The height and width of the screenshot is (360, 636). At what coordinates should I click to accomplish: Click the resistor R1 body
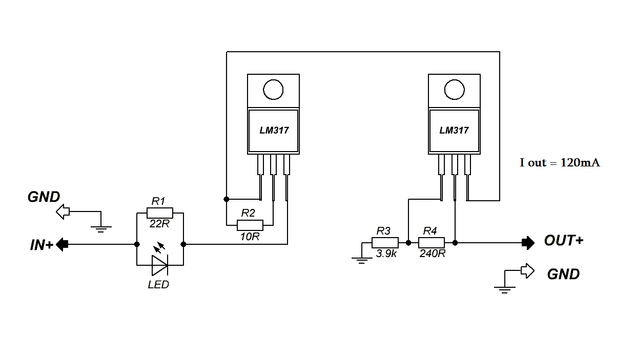(160, 213)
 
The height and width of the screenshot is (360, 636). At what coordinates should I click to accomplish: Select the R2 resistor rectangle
(250, 225)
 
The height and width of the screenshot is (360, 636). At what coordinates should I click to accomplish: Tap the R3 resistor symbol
(385, 243)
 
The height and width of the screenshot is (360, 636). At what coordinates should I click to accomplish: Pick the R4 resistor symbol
(432, 243)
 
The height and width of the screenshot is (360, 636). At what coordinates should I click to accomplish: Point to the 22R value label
(160, 224)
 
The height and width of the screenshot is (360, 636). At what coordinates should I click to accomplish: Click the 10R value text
(250, 237)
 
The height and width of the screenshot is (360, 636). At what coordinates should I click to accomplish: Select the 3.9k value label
(386, 253)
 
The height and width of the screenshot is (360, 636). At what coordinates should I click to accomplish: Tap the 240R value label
(433, 253)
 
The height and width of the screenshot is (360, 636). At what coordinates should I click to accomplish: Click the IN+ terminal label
(42, 245)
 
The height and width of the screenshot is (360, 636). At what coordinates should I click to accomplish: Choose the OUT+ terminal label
(563, 241)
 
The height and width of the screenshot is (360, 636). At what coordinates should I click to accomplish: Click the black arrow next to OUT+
(528, 243)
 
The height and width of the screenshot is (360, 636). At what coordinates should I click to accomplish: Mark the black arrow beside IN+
(62, 244)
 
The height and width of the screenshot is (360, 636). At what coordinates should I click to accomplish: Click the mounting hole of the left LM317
(273, 90)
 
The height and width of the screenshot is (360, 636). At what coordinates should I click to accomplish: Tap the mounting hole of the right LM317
(454, 90)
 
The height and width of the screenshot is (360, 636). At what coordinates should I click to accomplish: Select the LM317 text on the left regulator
(274, 131)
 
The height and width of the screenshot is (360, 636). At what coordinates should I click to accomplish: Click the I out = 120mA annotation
(560, 163)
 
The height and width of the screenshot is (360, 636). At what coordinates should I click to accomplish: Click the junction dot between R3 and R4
(408, 243)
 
